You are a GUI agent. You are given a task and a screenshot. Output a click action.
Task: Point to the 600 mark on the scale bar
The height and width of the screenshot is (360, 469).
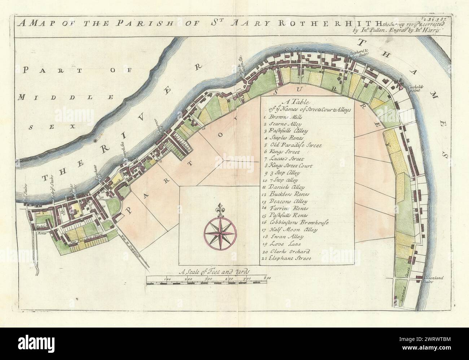(267, 279)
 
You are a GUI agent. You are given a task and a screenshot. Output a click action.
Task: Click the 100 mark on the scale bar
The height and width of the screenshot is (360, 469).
(167, 279)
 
